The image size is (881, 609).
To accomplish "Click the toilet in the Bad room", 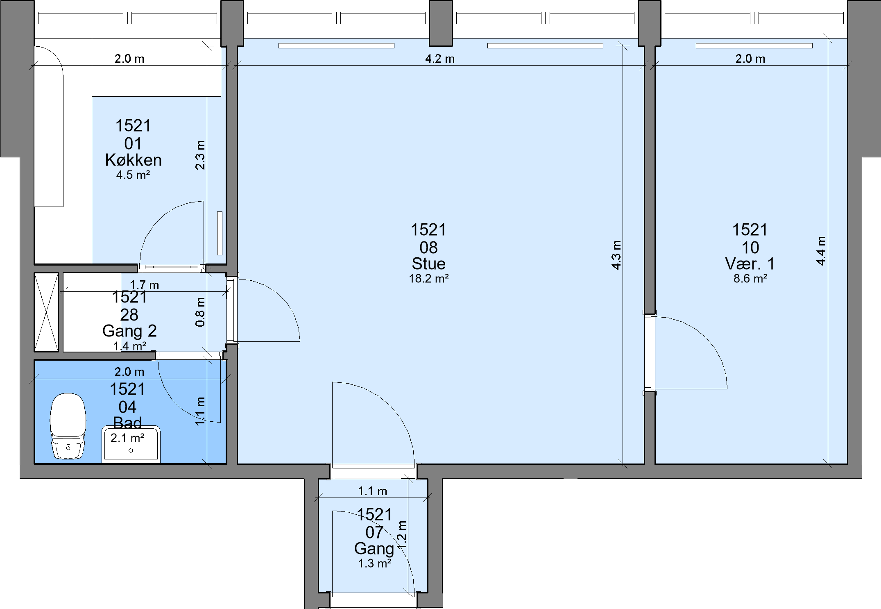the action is point(68,426).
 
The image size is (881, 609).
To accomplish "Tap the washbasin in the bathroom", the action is point(131,444).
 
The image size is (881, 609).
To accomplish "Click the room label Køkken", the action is point(133,160).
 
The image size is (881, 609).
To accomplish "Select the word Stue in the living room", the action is point(428,264).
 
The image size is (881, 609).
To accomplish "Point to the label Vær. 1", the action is point(750,264).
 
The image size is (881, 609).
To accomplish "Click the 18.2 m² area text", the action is point(428,279).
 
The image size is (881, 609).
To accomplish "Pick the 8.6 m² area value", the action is point(750,279).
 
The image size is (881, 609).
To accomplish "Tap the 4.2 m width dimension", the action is point(440,59).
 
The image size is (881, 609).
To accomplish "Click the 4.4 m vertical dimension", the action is point(821,251).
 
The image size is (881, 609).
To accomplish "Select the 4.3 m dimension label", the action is point(616,255).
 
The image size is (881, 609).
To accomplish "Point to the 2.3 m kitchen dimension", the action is point(200,155).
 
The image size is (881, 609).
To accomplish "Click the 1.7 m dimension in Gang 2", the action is point(144,285).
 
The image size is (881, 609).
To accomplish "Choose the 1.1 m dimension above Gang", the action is point(372,491).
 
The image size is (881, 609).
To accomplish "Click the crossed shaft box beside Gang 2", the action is point(46,312).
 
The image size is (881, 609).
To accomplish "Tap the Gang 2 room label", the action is point(129,331).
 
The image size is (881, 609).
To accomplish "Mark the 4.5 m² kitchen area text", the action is point(133,175).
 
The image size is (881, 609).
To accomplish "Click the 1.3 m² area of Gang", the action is point(375,564).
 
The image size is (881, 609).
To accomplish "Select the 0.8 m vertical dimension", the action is point(200,312).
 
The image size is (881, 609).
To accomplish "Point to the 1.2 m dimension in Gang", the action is point(402,535).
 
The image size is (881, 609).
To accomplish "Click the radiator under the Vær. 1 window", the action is point(754,45).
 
